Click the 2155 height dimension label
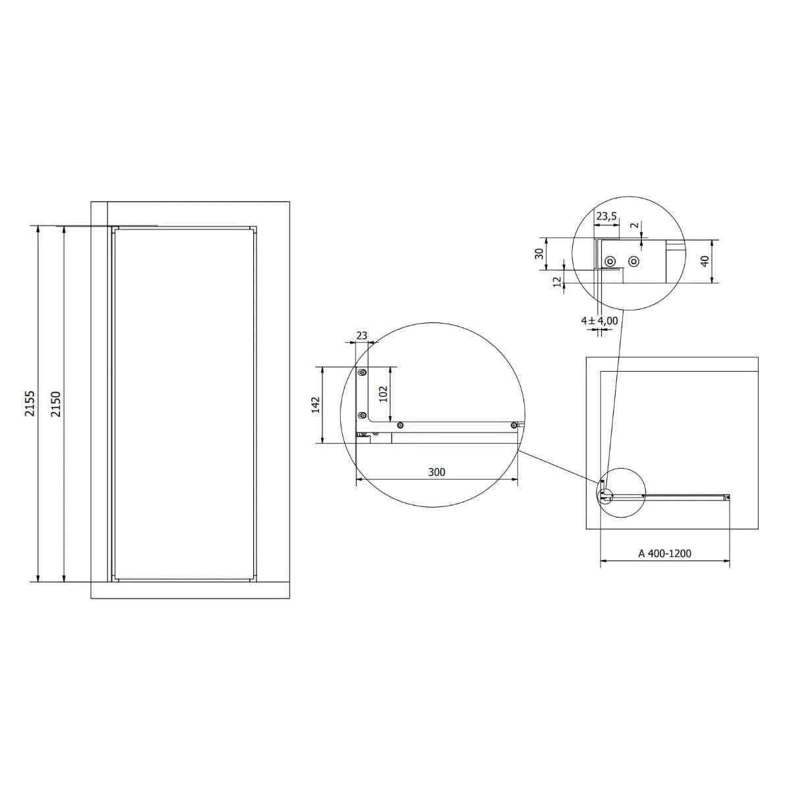(x=30, y=403)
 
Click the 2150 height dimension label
(x=55, y=404)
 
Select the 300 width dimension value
(x=436, y=473)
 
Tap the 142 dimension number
(x=315, y=405)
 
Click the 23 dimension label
(x=361, y=336)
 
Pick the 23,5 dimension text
(x=606, y=216)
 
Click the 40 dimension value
(x=705, y=262)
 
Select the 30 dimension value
(x=540, y=254)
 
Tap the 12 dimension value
(x=557, y=281)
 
